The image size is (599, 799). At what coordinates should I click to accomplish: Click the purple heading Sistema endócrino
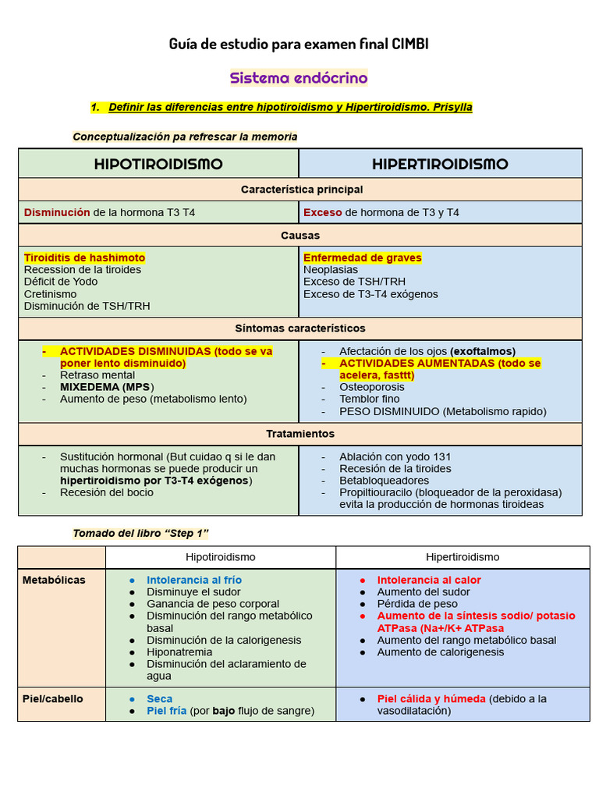point(299,78)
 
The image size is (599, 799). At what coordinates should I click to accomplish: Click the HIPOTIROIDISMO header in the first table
point(158,164)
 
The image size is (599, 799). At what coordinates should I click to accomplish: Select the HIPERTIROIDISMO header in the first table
point(440,164)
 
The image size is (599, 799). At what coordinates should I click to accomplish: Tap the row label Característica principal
point(301,190)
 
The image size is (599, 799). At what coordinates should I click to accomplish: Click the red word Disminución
point(57,212)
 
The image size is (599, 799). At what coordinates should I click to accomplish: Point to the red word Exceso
point(322,212)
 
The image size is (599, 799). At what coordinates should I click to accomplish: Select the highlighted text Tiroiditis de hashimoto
point(84,257)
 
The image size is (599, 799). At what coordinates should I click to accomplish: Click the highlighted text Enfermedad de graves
point(362,257)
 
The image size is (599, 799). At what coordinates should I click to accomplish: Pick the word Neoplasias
point(331,270)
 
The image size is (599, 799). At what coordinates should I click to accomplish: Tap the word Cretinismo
point(51,294)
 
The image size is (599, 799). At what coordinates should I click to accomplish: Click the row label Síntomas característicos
point(300,328)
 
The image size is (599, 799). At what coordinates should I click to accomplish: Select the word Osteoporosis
point(372,387)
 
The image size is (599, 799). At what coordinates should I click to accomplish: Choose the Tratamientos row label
point(300,434)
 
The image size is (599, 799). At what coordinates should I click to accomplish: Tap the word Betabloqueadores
point(384,481)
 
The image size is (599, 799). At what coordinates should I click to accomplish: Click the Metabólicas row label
point(54,580)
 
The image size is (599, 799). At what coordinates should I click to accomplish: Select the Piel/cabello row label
point(52,698)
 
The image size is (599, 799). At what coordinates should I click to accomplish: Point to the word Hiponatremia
point(179,652)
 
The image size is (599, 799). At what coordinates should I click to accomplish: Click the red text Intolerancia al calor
point(429,580)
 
